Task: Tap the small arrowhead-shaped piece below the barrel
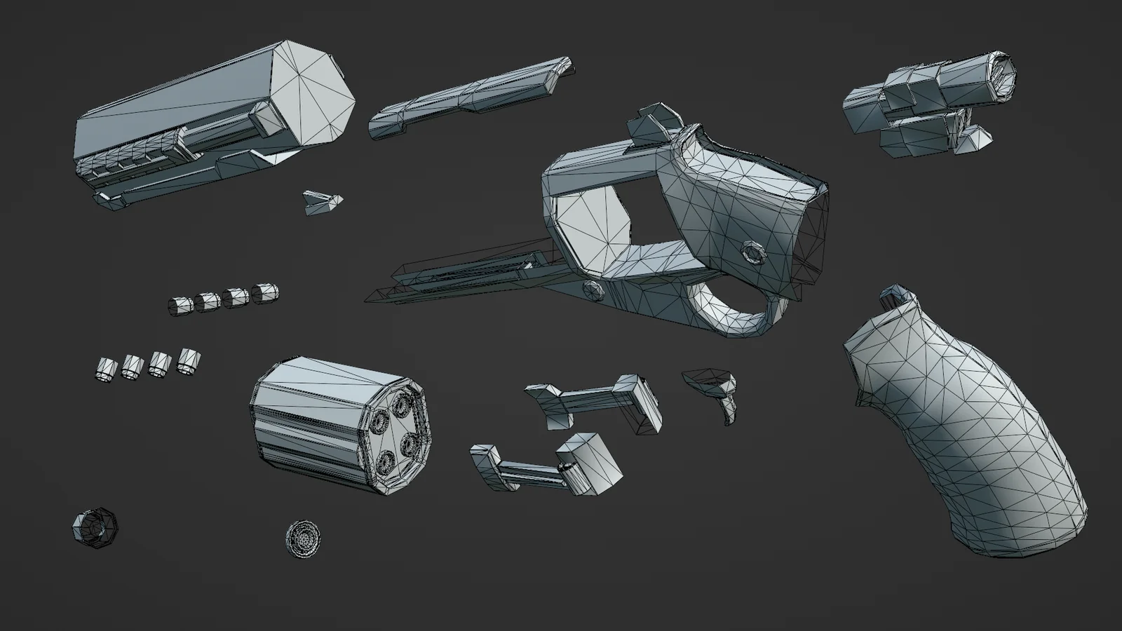pos(323,203)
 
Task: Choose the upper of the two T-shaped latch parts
pos(596,403)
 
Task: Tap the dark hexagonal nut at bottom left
pos(95,527)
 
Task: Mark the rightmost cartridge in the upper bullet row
pos(265,293)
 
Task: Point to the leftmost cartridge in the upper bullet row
pos(180,306)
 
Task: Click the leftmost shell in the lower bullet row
pos(105,369)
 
